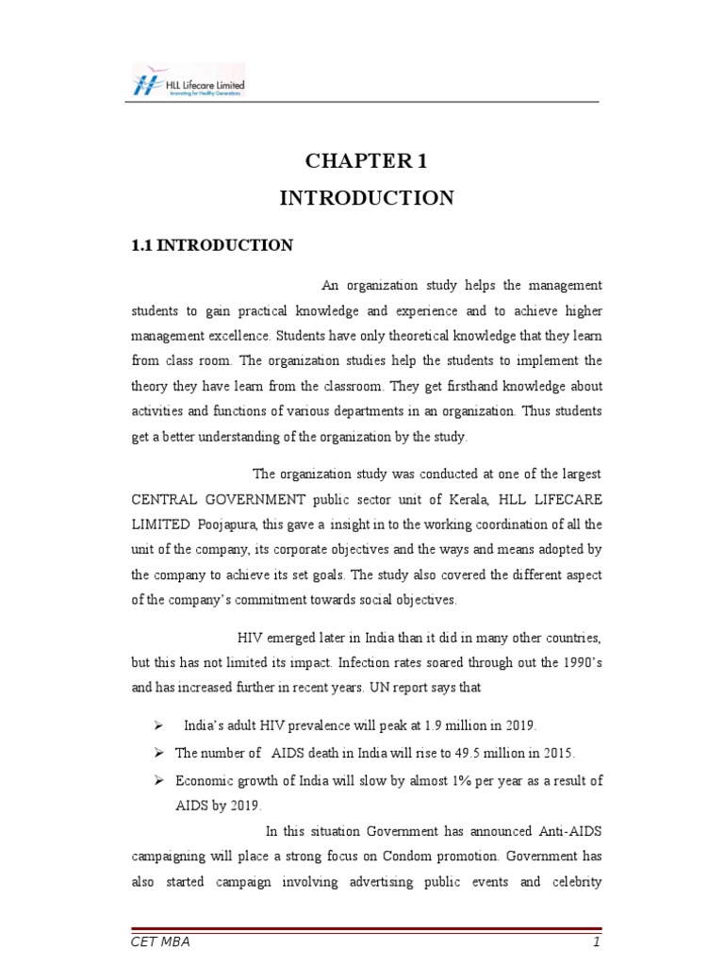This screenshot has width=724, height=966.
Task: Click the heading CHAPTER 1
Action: [x=366, y=161]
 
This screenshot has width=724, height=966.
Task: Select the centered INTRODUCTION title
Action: [x=366, y=198]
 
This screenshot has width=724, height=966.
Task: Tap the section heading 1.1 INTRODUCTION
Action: [x=212, y=245]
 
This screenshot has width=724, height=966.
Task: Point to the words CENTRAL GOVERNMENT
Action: [x=219, y=498]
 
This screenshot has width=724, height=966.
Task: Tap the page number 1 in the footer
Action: [x=596, y=942]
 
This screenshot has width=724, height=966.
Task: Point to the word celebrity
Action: [x=570, y=883]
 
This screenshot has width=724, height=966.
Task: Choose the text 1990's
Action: [x=582, y=662]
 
